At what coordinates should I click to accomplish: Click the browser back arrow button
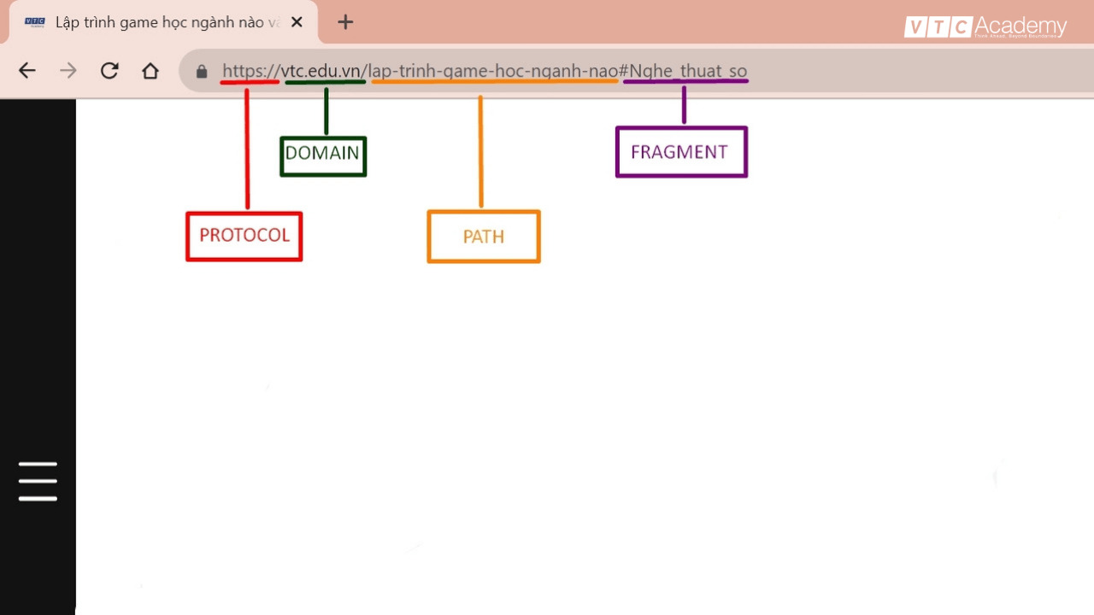tap(26, 71)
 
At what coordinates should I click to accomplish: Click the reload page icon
tap(109, 71)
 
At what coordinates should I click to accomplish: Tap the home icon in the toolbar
tap(150, 71)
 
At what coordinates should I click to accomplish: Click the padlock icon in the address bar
tap(202, 72)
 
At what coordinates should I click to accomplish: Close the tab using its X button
tap(297, 22)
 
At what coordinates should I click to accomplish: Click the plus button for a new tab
tap(345, 22)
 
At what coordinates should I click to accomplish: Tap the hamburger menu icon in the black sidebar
tap(38, 481)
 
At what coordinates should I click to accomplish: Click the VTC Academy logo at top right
tap(985, 26)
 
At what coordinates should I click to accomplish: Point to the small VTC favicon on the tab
tap(35, 22)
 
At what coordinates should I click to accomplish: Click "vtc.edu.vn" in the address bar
tap(321, 71)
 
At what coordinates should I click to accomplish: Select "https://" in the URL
tap(251, 71)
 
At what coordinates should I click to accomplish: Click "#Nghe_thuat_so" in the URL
tap(683, 71)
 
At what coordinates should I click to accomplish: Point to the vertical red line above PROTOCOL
tap(247, 149)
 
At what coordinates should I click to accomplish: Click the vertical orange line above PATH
tap(481, 151)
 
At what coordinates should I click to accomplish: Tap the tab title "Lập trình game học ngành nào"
tap(160, 22)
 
